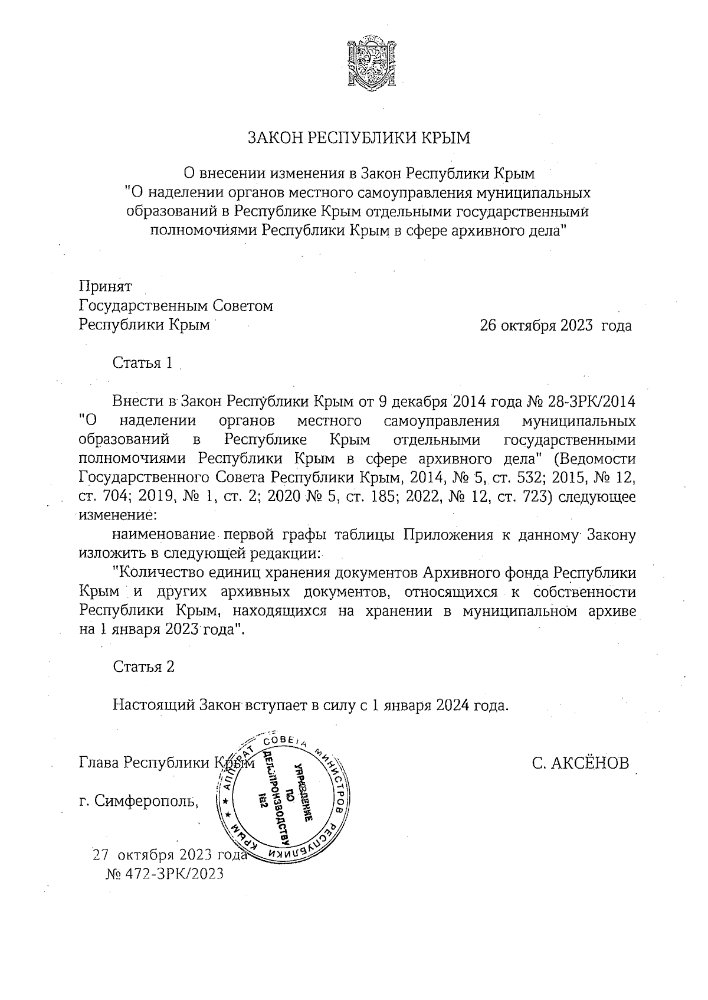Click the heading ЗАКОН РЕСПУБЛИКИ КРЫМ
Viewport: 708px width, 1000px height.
359,138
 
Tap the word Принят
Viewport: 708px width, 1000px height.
106,286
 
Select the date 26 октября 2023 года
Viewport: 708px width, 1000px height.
555,326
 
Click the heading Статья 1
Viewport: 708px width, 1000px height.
143,363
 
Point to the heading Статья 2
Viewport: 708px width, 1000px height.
143,667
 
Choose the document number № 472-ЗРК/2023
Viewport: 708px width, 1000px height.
165,874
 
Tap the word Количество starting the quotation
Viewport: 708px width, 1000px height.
156,573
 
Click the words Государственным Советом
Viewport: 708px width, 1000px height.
176,306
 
